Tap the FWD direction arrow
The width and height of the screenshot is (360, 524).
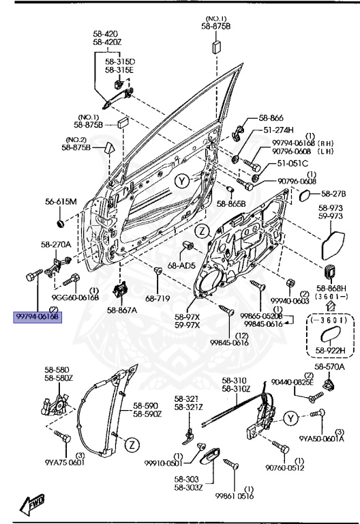32,504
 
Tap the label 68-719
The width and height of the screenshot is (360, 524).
156,298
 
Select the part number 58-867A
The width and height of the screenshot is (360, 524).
121,310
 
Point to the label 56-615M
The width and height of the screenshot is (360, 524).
61,201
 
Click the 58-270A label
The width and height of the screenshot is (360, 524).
55,244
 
